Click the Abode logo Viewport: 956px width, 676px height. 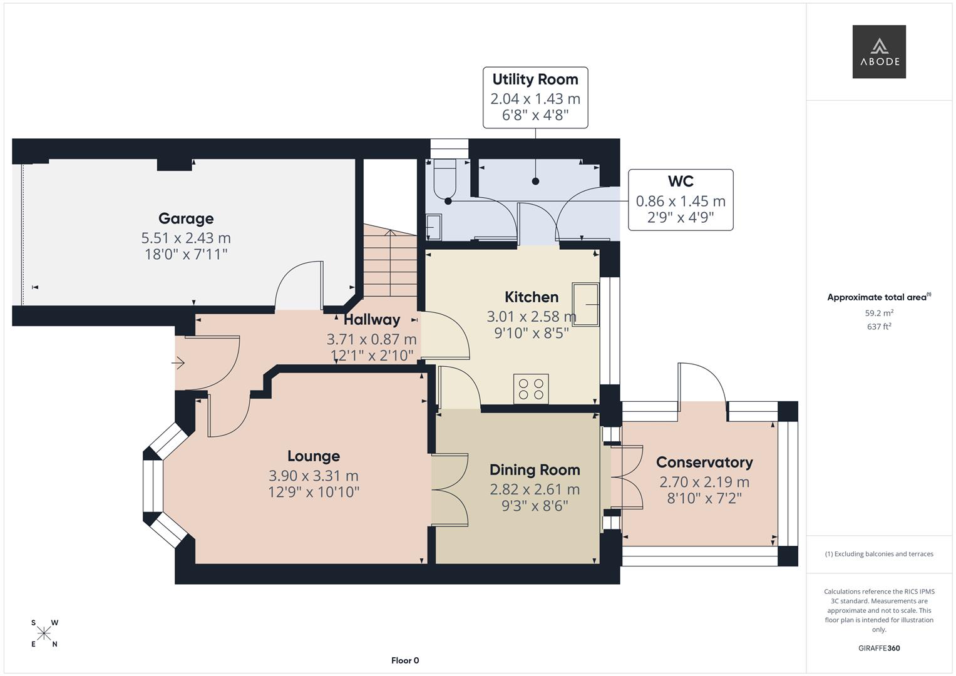[x=879, y=52]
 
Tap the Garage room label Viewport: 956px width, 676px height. [x=186, y=218]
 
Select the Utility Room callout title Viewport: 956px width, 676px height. [x=535, y=79]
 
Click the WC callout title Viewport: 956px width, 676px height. [x=681, y=182]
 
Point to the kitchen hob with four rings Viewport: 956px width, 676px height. [x=531, y=388]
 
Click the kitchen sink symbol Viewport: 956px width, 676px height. [x=585, y=304]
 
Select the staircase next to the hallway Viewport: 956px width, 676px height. [x=390, y=263]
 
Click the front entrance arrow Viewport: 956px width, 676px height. [x=179, y=362]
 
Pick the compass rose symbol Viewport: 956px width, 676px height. [x=44, y=633]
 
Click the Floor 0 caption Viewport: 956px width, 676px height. [x=405, y=660]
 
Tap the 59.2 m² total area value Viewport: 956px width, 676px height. [x=879, y=313]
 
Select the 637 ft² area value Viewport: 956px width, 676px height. [x=879, y=327]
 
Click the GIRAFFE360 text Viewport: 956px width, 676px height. [x=879, y=648]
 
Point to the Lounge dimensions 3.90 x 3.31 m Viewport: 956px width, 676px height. [x=314, y=476]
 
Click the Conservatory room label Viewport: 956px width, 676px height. [x=704, y=463]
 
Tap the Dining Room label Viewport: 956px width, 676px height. [x=535, y=470]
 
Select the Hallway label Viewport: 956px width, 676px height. [x=372, y=320]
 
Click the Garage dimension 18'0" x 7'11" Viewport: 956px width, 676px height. [x=186, y=254]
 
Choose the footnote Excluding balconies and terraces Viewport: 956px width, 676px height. [x=879, y=554]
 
